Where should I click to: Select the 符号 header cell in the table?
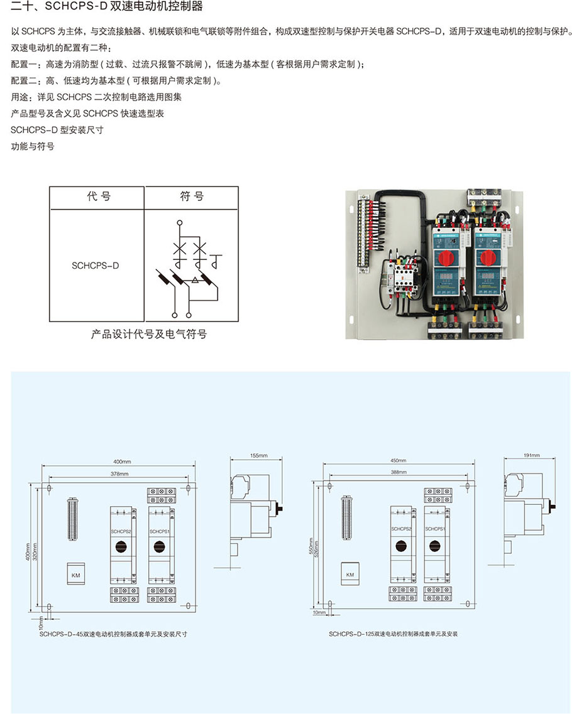click(x=192, y=197)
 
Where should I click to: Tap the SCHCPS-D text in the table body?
click(x=96, y=266)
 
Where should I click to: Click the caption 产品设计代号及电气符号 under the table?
click(x=149, y=334)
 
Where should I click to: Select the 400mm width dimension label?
click(x=114, y=463)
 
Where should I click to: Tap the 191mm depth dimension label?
click(x=532, y=455)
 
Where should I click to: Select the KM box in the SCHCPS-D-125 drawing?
click(x=350, y=575)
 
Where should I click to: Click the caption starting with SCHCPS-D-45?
click(x=113, y=634)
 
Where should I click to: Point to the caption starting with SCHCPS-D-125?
click(x=393, y=634)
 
